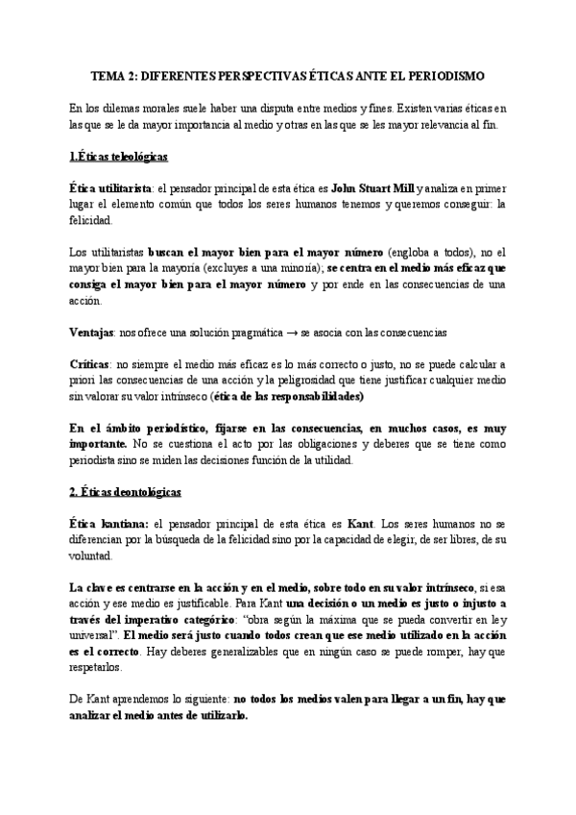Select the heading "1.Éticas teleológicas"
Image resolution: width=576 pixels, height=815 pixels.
[x=120, y=156]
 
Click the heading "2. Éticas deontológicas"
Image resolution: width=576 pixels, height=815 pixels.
[x=126, y=491]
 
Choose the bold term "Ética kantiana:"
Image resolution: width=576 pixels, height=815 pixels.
[x=108, y=523]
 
